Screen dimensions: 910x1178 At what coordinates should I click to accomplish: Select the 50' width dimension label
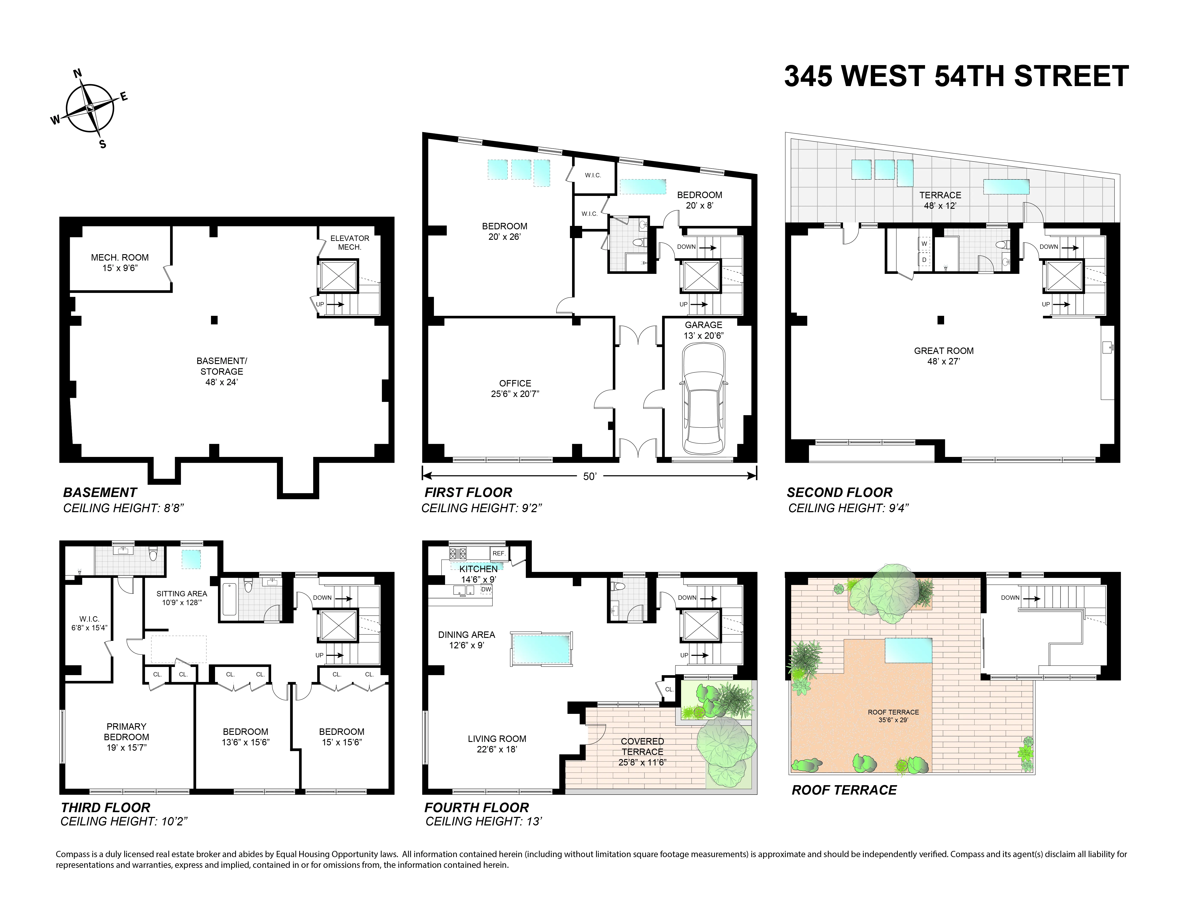(x=590, y=477)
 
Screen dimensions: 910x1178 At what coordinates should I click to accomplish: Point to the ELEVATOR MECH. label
(x=350, y=243)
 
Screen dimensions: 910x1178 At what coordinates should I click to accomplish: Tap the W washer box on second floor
(x=924, y=244)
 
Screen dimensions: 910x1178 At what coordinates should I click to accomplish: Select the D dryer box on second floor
(x=924, y=260)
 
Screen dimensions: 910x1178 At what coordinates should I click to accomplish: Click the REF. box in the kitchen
(x=498, y=553)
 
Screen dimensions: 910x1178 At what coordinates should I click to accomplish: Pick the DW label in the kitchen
(x=486, y=589)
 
